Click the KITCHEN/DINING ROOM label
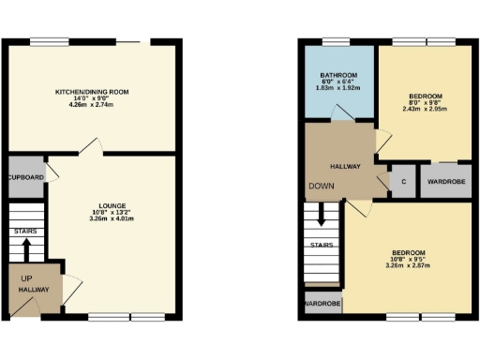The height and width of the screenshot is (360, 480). click(92, 91)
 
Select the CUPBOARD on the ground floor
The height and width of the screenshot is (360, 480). click(25, 176)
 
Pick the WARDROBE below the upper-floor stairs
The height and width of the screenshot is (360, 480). click(322, 305)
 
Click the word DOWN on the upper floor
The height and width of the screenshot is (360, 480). click(320, 186)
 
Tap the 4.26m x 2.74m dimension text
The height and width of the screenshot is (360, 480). click(92, 106)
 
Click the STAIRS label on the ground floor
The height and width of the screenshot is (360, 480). click(25, 230)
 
